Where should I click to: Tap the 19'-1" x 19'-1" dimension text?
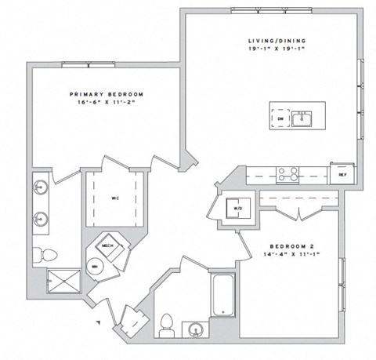click(272, 49)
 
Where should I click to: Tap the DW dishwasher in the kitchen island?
click(280, 118)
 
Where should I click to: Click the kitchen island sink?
click(303, 118)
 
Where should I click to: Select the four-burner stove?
click(287, 173)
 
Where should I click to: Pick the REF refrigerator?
click(342, 174)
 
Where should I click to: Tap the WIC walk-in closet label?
click(115, 198)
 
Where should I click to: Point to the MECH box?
click(108, 245)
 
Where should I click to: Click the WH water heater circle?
click(96, 267)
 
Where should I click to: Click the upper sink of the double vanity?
click(42, 188)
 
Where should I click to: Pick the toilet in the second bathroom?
click(166, 324)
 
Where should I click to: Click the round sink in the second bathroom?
click(196, 329)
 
